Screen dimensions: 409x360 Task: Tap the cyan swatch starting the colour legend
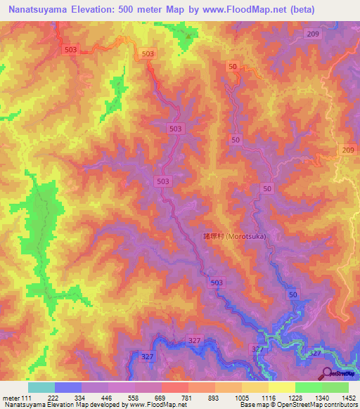[x=41, y=388]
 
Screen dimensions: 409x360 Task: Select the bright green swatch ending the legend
[x=335, y=388]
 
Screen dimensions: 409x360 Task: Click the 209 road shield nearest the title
[x=313, y=34]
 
